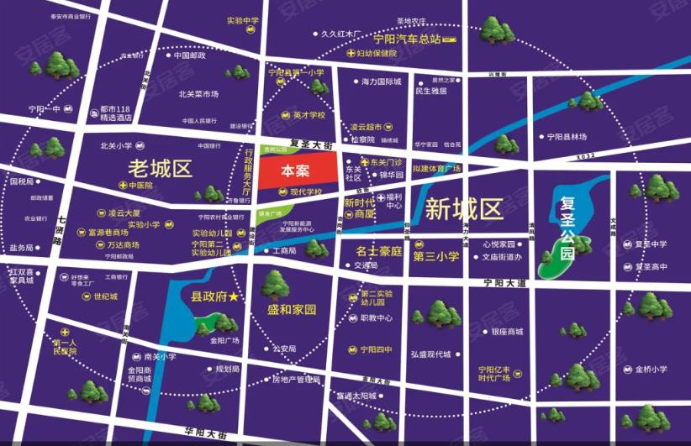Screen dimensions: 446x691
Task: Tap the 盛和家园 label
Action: [291, 310]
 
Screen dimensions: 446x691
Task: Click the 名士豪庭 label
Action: [379, 250]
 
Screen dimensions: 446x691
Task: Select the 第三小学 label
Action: [435, 256]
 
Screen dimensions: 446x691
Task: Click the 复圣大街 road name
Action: [311, 146]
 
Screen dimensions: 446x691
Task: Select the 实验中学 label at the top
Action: [243, 20]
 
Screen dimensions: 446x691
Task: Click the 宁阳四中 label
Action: [376, 349]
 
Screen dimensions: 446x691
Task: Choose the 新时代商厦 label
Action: [360, 208]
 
